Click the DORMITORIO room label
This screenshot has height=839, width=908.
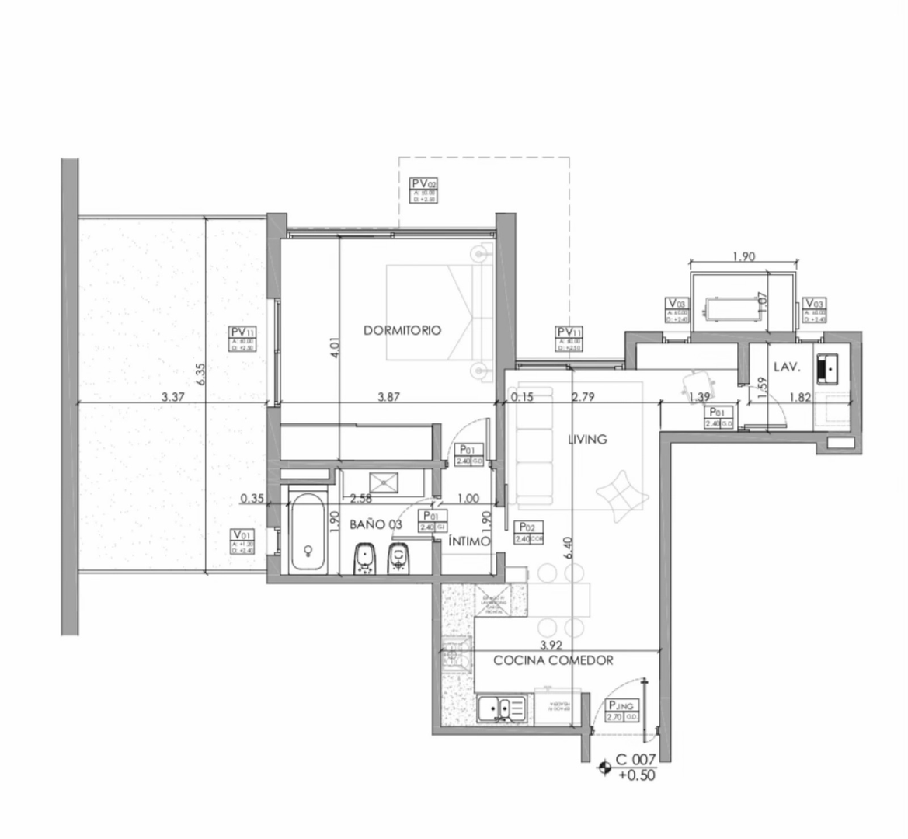tap(402, 330)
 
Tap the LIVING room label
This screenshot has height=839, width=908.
tap(587, 439)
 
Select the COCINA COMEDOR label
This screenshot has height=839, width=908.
tap(554, 660)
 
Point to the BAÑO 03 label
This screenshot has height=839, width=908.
tap(376, 524)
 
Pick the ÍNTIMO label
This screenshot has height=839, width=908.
tap(469, 541)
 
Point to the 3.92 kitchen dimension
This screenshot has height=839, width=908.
tap(551, 645)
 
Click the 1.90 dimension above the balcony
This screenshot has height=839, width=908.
tap(743, 256)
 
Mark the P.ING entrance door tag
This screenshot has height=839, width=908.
tap(621, 711)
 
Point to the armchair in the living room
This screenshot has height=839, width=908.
tap(622, 493)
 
